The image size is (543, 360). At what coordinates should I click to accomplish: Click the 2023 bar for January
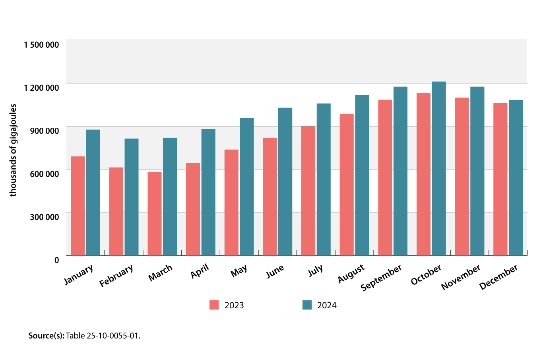click(78, 206)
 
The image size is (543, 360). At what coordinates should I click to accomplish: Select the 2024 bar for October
click(439, 168)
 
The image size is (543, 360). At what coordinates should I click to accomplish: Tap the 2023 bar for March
click(155, 213)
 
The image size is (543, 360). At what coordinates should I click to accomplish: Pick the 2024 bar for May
click(247, 187)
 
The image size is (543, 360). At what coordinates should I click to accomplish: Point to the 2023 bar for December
click(500, 179)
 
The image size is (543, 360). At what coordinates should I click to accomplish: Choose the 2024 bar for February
click(132, 197)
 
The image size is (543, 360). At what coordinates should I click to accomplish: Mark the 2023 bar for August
click(347, 185)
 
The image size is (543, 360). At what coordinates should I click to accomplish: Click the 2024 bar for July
click(324, 179)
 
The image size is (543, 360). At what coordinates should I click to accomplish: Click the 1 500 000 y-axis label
click(41, 45)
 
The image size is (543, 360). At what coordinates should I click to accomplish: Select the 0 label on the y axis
click(56, 260)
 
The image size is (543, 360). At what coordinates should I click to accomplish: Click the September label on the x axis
click(381, 278)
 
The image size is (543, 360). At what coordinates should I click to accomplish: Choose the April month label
click(200, 272)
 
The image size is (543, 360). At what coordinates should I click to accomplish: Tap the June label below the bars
click(275, 271)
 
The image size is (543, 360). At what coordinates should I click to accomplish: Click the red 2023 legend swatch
click(214, 305)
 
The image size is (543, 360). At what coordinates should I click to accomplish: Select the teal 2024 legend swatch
click(307, 305)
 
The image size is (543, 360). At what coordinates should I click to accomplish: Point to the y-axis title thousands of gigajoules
click(13, 150)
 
